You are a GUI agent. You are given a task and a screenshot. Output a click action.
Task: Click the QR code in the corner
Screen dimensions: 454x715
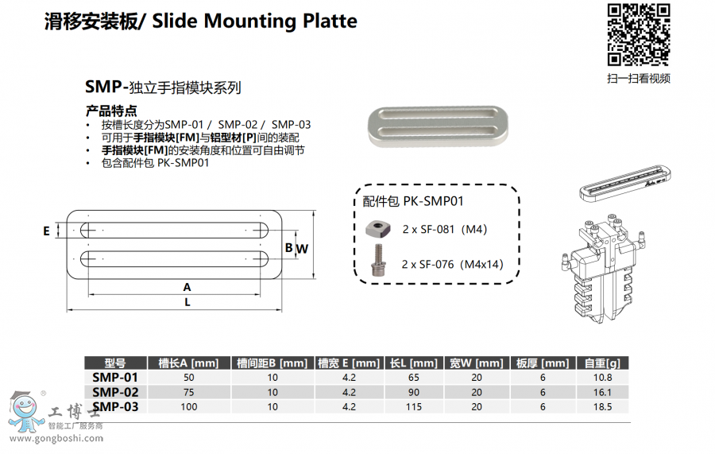(638, 34)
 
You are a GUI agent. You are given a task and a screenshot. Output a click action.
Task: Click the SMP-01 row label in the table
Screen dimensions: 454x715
(115, 377)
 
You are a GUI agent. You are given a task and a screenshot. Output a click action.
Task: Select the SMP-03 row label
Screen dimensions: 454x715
(115, 406)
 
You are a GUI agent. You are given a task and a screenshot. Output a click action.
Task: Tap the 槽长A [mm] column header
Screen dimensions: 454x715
(188, 363)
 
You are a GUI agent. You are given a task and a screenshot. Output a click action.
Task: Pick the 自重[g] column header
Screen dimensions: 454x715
(601, 363)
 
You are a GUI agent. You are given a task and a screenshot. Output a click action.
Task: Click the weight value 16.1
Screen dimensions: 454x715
(601, 392)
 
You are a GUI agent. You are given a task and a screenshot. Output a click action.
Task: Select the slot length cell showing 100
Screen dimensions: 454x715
(188, 407)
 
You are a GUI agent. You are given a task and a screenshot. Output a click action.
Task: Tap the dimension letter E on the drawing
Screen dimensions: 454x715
(47, 231)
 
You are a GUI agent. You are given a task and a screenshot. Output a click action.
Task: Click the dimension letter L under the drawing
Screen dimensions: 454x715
(187, 302)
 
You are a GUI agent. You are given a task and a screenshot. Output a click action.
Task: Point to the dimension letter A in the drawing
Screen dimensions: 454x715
(187, 286)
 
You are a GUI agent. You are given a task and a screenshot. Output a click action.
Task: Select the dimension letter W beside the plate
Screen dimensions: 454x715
(303, 249)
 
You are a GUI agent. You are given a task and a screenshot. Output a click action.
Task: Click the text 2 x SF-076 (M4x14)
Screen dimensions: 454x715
(452, 264)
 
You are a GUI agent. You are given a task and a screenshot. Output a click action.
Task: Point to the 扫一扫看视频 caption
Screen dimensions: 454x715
(638, 78)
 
